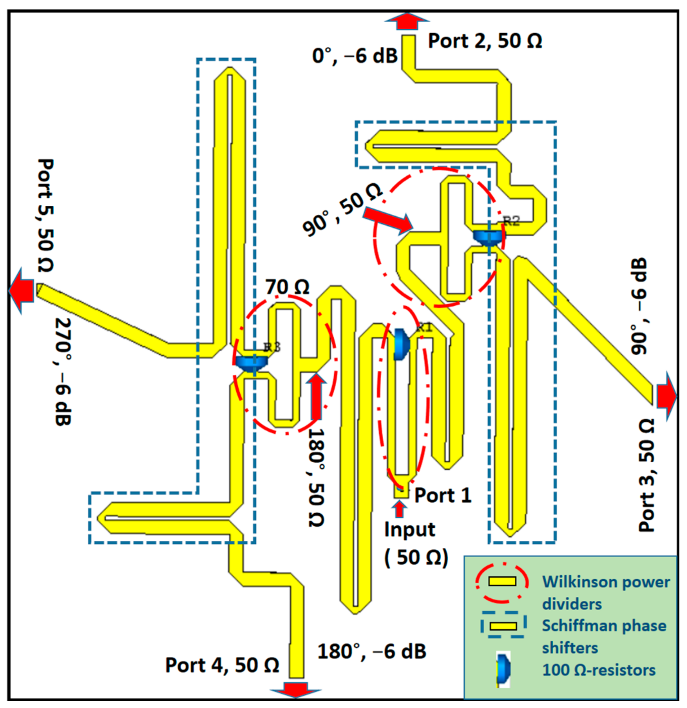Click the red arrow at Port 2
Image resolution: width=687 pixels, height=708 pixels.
407,22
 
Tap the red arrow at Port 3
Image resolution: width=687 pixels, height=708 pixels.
665,396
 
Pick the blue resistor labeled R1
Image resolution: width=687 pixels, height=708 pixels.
401,344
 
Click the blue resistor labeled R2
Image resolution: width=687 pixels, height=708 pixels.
489,237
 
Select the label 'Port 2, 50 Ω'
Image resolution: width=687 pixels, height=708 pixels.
485,41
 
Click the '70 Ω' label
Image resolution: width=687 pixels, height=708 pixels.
288,287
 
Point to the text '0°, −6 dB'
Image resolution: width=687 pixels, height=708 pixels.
355,56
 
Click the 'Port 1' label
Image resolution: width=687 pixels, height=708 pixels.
443,495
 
